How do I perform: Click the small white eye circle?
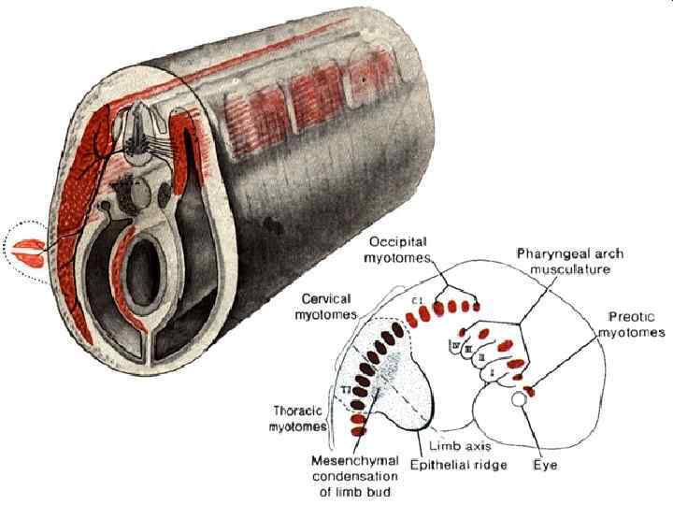point(518,400)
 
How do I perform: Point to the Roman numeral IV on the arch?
point(455,348)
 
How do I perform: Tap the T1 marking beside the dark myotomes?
point(345,388)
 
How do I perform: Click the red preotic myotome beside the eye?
point(528,388)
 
